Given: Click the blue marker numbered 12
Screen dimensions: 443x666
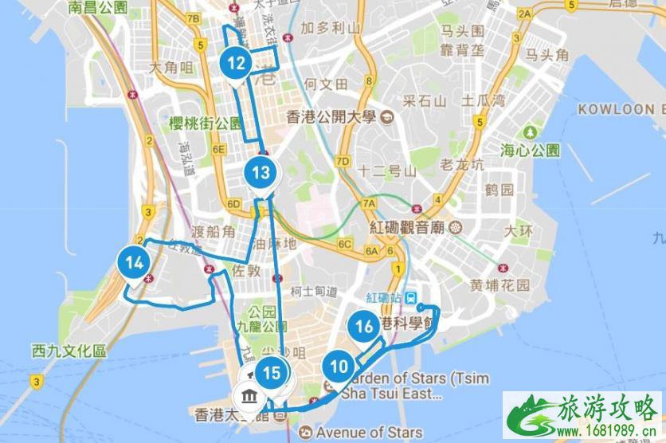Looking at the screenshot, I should [x=237, y=62].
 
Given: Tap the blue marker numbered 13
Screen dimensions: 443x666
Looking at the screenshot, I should [x=261, y=172].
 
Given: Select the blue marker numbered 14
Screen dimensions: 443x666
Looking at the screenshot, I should [x=134, y=262].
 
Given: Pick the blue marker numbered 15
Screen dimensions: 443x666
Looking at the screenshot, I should [x=272, y=373].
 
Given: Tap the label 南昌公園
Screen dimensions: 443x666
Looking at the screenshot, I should [x=99, y=9].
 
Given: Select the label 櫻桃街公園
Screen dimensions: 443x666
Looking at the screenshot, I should [x=205, y=123].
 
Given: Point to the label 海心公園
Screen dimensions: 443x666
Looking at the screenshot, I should [x=531, y=149].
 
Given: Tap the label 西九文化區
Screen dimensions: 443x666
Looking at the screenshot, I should [x=69, y=351].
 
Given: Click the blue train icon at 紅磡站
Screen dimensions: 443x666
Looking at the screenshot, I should [x=412, y=297].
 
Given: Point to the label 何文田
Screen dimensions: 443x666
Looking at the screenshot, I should [x=327, y=84].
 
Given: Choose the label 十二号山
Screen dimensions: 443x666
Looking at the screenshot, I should [x=387, y=170].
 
